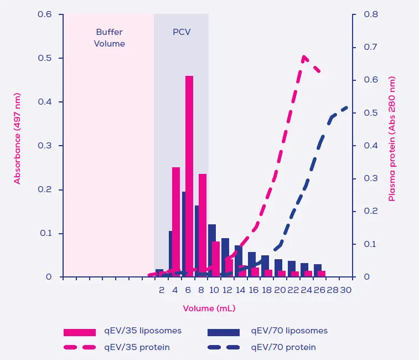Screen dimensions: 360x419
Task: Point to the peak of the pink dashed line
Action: coord(304,56)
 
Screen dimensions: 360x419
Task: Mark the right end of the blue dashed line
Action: coord(347,107)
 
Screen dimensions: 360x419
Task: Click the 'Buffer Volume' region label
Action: coord(110,38)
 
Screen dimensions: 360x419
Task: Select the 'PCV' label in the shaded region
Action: coord(182,32)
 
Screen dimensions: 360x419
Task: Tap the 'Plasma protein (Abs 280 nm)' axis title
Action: coord(392,138)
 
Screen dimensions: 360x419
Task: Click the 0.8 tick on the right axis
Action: coord(370,14)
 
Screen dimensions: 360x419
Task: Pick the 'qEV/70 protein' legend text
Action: coord(283,347)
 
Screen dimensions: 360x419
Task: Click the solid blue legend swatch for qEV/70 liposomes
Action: coord(224,332)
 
